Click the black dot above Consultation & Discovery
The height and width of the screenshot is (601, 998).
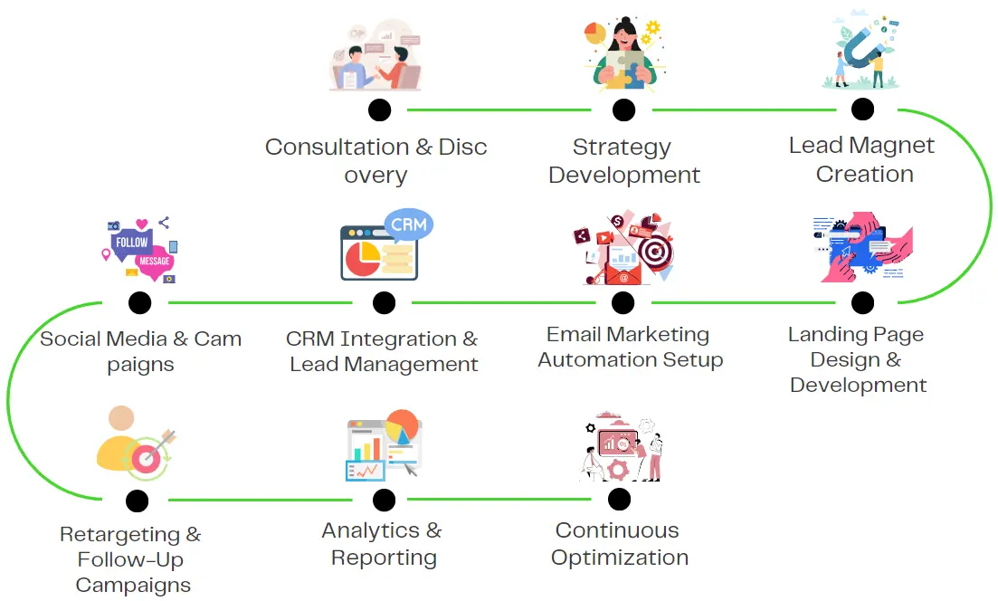pyautogui.click(x=380, y=110)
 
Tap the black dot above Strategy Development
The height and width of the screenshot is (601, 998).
pyautogui.click(x=623, y=110)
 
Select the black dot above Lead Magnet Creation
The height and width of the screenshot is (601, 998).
pyautogui.click(x=862, y=110)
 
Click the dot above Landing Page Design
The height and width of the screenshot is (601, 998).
pyautogui.click(x=862, y=302)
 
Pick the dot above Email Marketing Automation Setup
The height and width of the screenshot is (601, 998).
pyautogui.click(x=623, y=302)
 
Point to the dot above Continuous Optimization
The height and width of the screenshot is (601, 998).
pyautogui.click(x=619, y=499)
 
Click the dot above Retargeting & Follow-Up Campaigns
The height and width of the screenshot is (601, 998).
pyautogui.click(x=138, y=500)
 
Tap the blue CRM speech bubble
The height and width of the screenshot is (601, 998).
pyautogui.click(x=408, y=224)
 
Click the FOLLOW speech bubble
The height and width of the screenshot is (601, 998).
pyautogui.click(x=132, y=242)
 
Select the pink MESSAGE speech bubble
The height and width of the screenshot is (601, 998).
pyautogui.click(x=154, y=261)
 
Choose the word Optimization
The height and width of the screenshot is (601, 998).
pyautogui.click(x=620, y=558)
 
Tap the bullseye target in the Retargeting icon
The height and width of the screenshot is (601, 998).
pyautogui.click(x=147, y=460)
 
